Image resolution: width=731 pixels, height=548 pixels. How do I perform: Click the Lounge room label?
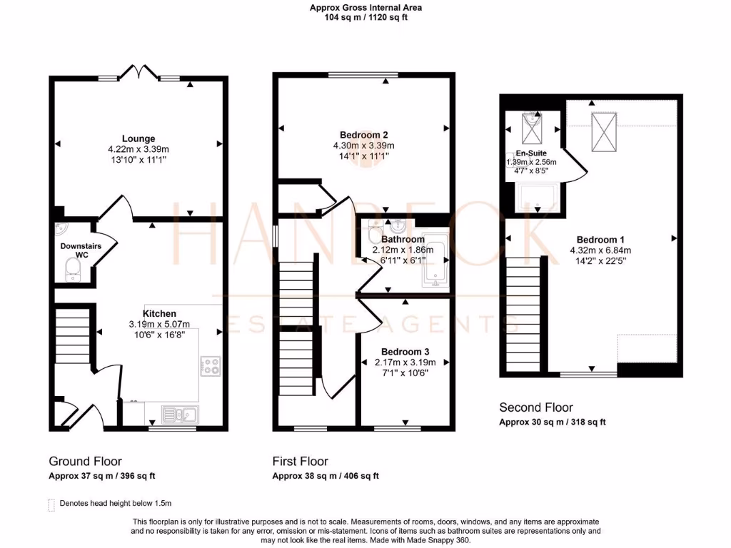[138, 138]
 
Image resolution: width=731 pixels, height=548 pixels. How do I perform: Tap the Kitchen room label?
[159, 313]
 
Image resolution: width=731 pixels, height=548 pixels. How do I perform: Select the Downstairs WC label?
[80, 250]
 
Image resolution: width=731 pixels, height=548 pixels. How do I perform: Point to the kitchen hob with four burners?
[211, 366]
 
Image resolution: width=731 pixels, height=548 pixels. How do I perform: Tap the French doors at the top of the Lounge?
[138, 73]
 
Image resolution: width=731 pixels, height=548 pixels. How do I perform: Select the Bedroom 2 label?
[364, 135]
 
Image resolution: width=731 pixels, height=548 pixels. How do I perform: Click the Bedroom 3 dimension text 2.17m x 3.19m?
[404, 362]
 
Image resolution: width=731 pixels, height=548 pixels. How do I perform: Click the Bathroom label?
[403, 240]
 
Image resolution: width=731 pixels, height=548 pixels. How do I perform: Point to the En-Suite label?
[531, 153]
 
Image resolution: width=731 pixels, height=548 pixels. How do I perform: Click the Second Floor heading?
[535, 407]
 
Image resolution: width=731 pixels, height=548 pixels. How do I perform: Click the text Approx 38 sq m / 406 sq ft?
[326, 476]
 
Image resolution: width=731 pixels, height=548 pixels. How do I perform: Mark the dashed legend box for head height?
[51, 504]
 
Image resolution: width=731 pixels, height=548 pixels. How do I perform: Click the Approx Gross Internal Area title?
[365, 8]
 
